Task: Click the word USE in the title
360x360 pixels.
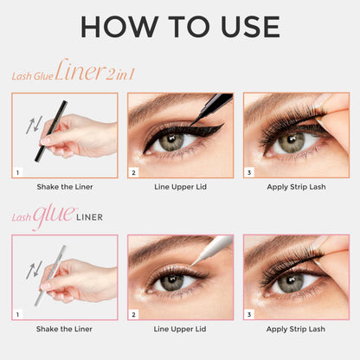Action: (x=249, y=26)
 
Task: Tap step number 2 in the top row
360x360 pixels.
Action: (x=134, y=173)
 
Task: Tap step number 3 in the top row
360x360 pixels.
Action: (x=249, y=173)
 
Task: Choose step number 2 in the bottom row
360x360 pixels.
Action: (x=134, y=315)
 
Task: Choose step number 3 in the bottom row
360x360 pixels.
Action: (x=249, y=315)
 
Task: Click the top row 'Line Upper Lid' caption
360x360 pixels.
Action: (x=179, y=187)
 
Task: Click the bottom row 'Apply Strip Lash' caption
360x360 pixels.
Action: (x=295, y=329)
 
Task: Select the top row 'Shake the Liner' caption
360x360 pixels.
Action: (x=65, y=187)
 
